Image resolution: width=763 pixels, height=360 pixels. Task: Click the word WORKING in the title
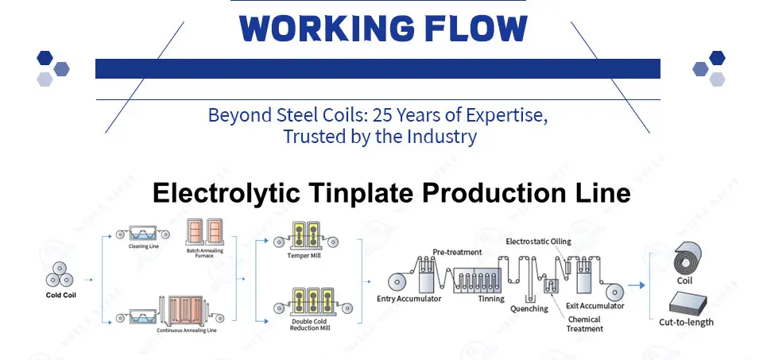tap(327, 29)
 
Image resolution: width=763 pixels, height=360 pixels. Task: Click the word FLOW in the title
tap(476, 29)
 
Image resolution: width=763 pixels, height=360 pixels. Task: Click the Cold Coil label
tap(61, 295)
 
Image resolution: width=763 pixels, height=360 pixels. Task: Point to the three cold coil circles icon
tap(60, 274)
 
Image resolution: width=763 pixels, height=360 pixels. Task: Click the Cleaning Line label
tap(144, 246)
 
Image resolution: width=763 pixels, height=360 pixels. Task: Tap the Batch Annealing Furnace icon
tap(204, 231)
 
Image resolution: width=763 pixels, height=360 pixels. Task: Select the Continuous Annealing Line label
tap(186, 331)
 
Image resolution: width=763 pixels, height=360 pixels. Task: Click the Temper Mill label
tap(304, 255)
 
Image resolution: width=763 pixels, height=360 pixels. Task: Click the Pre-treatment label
tap(458, 252)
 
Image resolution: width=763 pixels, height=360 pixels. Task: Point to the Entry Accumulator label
tap(409, 298)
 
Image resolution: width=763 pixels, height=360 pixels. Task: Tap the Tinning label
tap(491, 298)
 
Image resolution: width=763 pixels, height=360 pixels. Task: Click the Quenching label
tap(529, 308)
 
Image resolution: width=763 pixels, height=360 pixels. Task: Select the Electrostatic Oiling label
tap(538, 242)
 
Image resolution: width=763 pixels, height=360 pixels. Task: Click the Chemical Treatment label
tap(584, 324)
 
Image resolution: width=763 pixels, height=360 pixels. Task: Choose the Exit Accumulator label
tap(595, 305)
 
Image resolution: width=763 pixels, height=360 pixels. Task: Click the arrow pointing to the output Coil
tap(636, 285)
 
